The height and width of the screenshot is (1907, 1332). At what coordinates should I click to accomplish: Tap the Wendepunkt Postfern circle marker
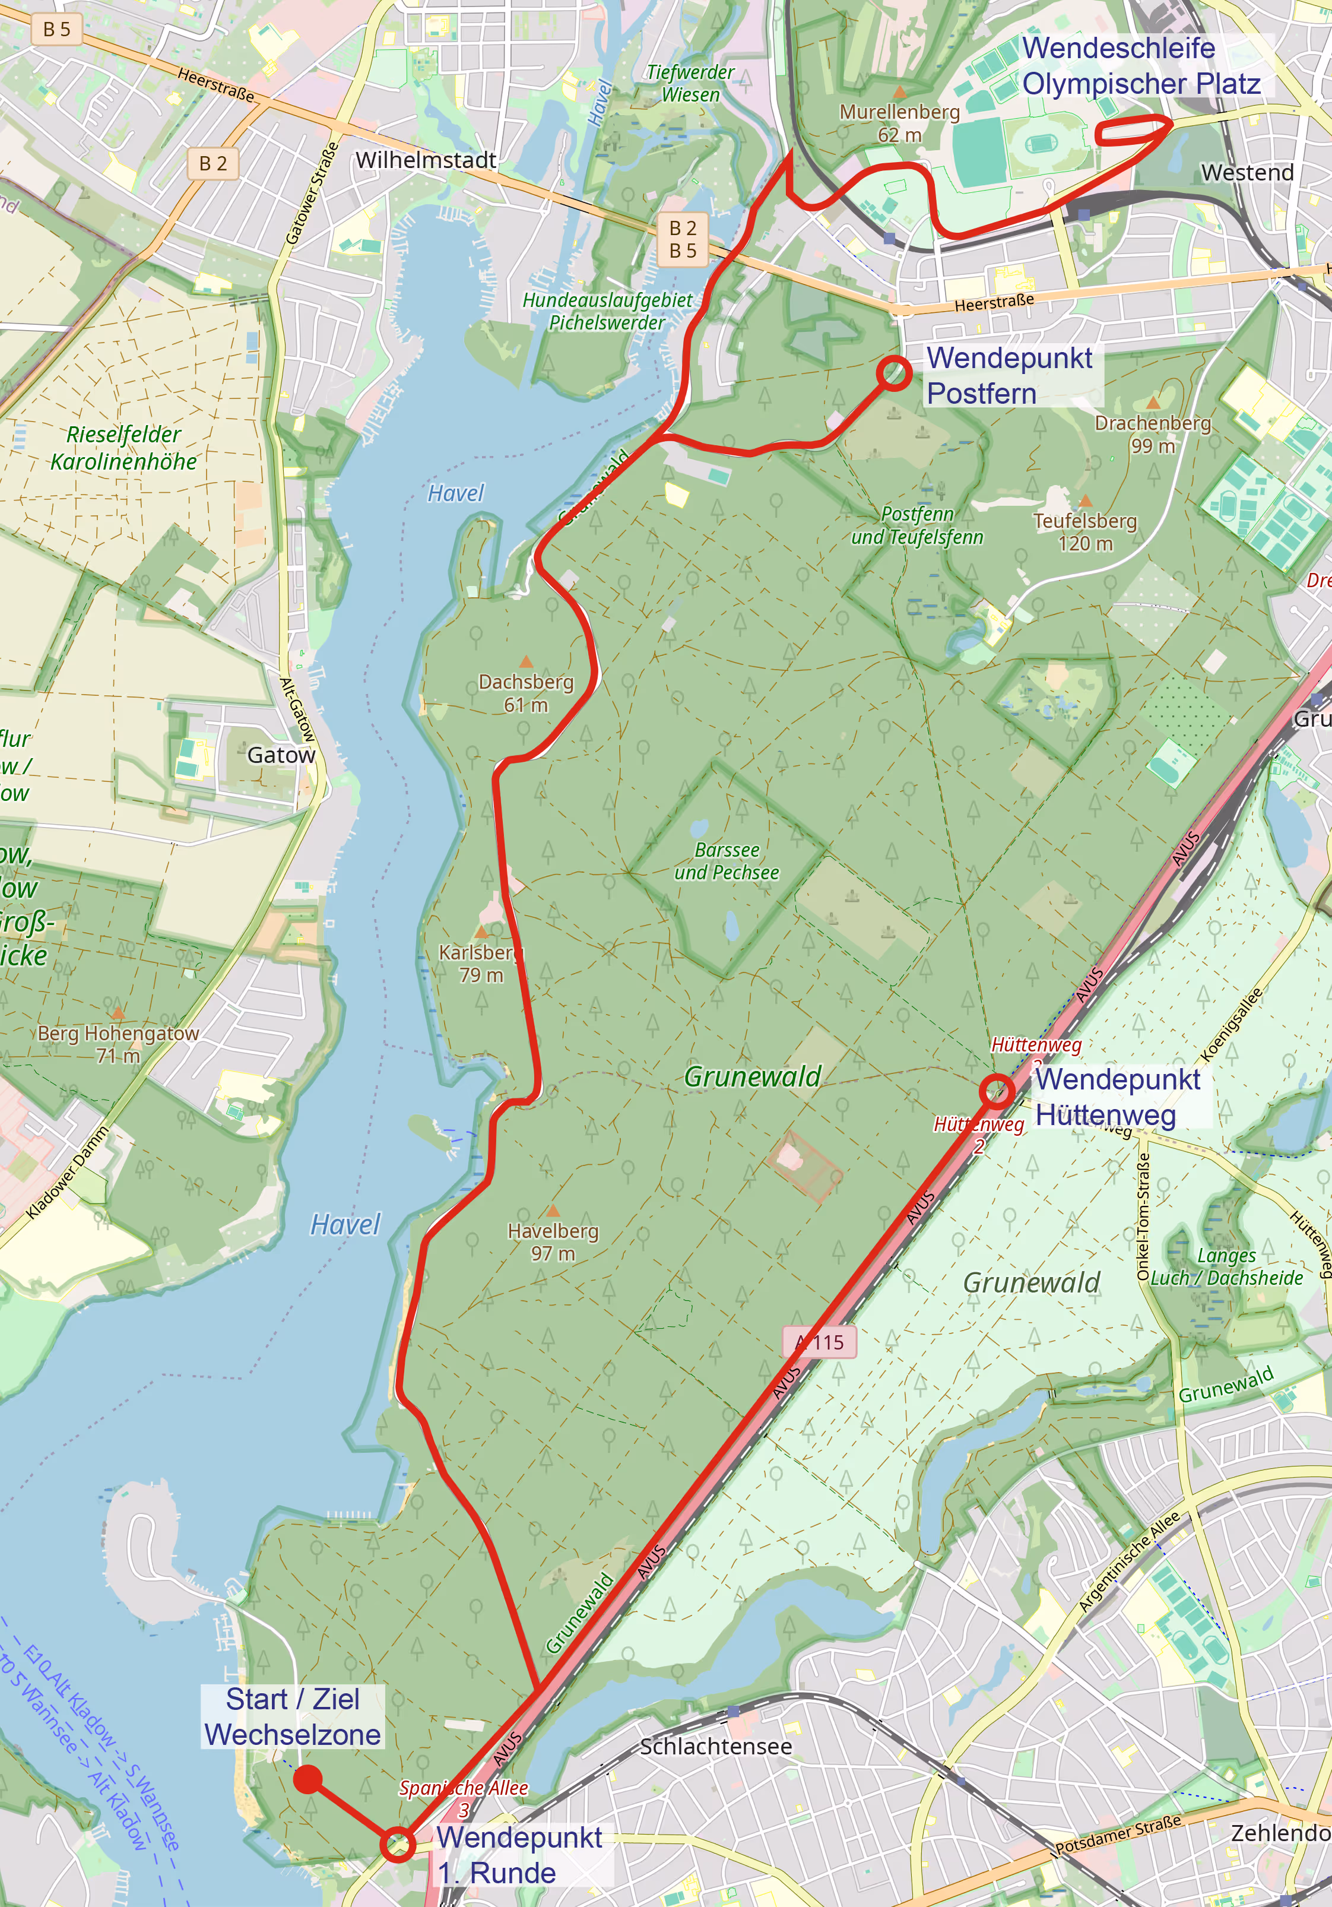click(893, 373)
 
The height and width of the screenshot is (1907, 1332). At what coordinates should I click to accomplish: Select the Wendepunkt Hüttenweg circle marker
click(997, 1091)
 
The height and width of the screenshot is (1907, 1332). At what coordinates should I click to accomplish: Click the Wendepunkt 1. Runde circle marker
click(398, 1845)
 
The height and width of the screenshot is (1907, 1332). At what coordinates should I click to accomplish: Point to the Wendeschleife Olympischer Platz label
click(1140, 66)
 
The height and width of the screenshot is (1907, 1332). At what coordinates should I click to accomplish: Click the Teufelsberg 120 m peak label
click(1084, 531)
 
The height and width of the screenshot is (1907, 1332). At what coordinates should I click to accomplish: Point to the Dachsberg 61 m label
click(526, 693)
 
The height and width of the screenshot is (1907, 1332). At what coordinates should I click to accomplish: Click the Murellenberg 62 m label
click(899, 122)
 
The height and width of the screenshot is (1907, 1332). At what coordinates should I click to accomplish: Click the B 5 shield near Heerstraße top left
click(56, 30)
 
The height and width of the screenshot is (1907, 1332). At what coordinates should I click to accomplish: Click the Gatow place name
click(281, 755)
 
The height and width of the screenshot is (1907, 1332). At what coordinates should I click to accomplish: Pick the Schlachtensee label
click(715, 1746)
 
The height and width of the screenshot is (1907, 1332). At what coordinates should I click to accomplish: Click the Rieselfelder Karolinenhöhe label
click(123, 448)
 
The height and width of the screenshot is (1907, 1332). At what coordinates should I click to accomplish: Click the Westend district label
click(1247, 173)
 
